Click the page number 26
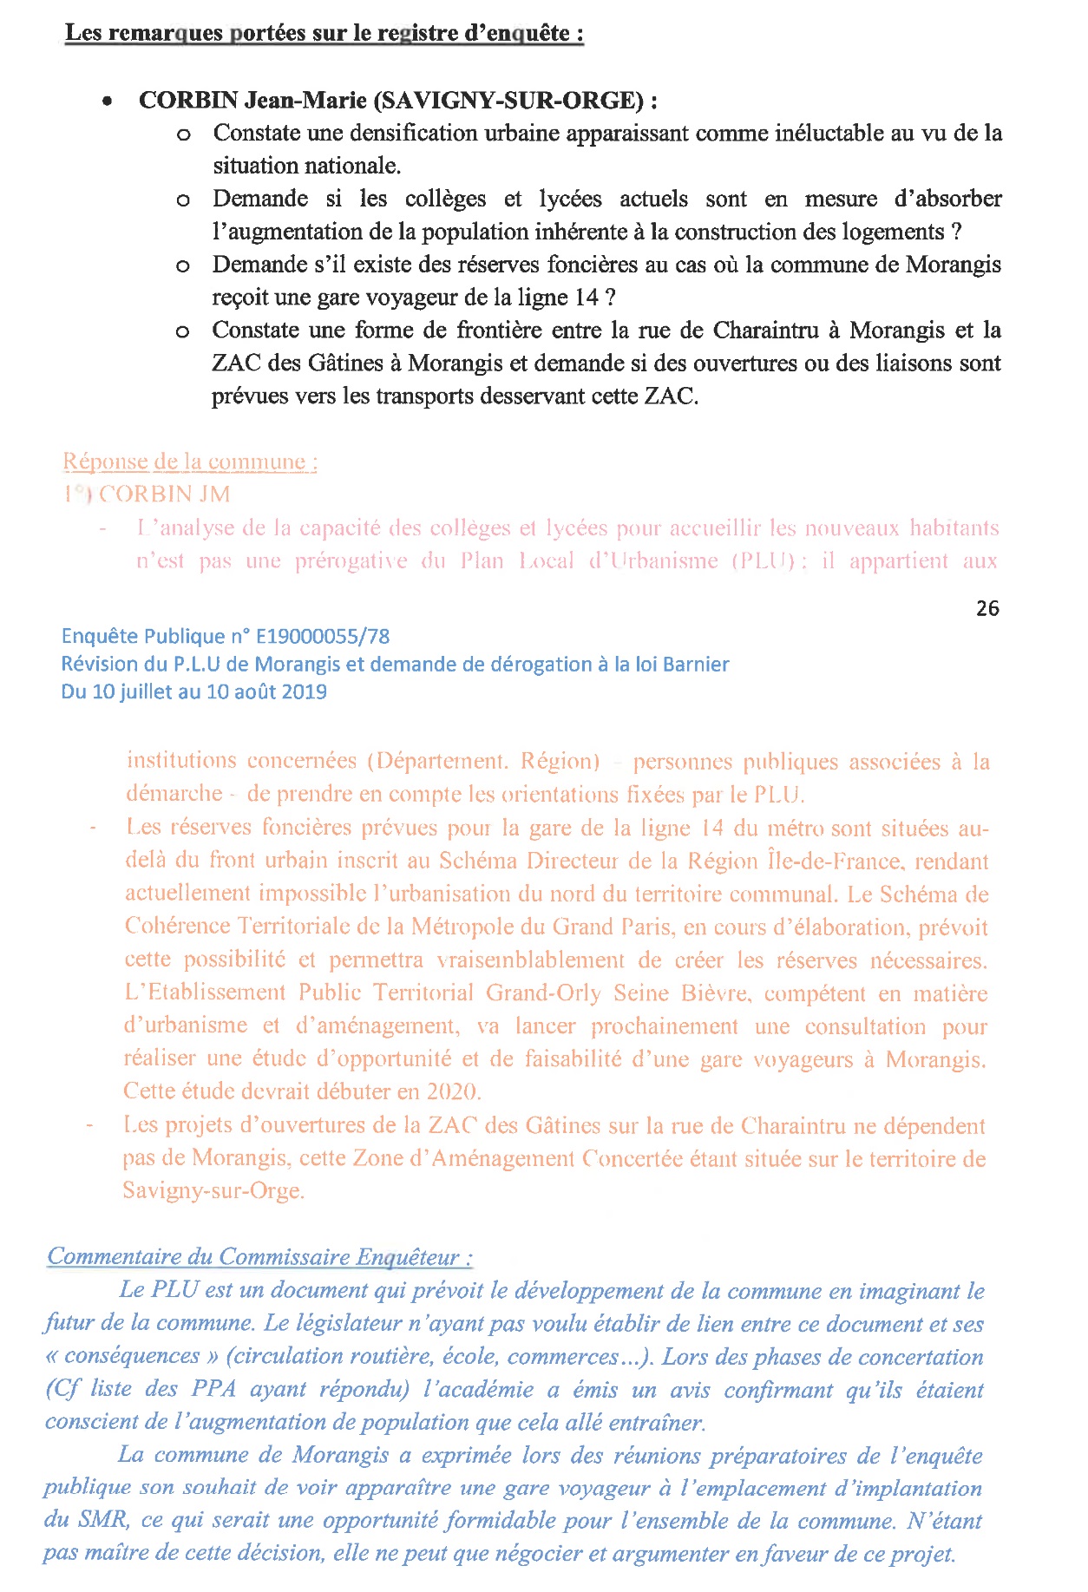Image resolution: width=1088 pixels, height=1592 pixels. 987,608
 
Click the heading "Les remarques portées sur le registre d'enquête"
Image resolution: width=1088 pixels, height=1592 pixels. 324,33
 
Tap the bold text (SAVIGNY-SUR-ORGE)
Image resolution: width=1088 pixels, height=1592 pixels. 508,101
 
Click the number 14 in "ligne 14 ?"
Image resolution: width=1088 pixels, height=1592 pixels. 587,298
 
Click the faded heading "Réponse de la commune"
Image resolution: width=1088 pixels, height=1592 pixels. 190,462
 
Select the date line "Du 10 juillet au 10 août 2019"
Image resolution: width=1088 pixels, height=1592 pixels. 193,691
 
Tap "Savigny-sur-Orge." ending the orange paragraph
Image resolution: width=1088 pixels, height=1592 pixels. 213,1190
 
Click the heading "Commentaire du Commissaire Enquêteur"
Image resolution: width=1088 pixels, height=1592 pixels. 259,1256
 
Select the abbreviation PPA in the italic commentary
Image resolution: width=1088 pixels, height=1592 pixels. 213,1389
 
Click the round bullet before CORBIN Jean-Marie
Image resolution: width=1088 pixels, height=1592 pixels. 107,102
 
